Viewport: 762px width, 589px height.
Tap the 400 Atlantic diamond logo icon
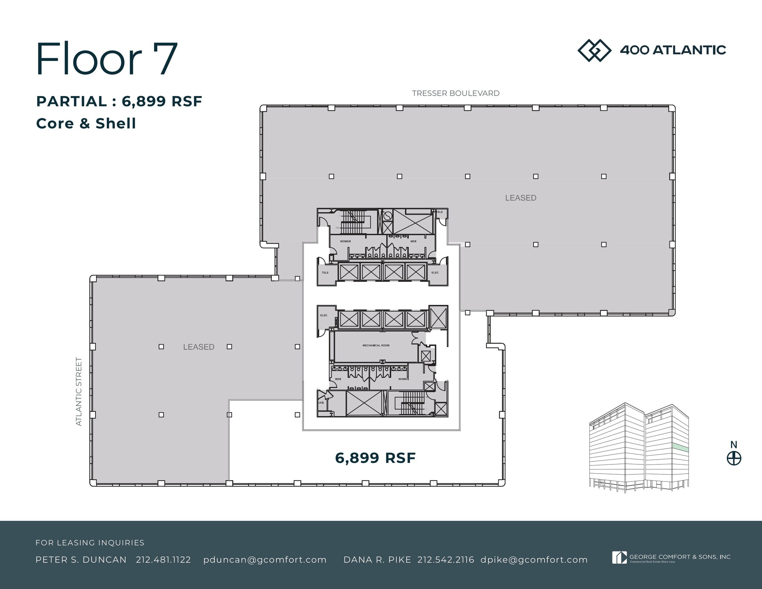pyautogui.click(x=594, y=50)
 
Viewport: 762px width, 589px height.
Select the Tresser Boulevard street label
pyautogui.click(x=455, y=93)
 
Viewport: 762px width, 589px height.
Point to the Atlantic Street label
pyautogui.click(x=79, y=391)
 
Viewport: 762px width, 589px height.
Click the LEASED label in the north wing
pyautogui.click(x=521, y=198)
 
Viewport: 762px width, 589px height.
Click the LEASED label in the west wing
pyautogui.click(x=199, y=347)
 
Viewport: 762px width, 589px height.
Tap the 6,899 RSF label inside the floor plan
pyautogui.click(x=375, y=458)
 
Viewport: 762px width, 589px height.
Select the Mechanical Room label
pyautogui.click(x=376, y=345)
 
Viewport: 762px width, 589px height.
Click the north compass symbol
pyautogui.click(x=734, y=458)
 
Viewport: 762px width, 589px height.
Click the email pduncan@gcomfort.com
pyautogui.click(x=265, y=560)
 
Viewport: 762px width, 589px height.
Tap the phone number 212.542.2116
pyautogui.click(x=446, y=560)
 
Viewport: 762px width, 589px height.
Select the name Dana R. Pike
pyautogui.click(x=377, y=560)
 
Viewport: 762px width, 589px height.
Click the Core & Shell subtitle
pyautogui.click(x=86, y=124)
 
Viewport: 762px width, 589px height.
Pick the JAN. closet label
pyautogui.click(x=321, y=403)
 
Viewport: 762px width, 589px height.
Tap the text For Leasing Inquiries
pyautogui.click(x=90, y=543)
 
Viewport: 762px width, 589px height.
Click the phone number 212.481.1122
pyautogui.click(x=163, y=560)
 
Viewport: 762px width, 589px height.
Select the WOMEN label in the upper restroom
pyautogui.click(x=345, y=241)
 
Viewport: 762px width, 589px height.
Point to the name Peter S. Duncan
pyautogui.click(x=81, y=560)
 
